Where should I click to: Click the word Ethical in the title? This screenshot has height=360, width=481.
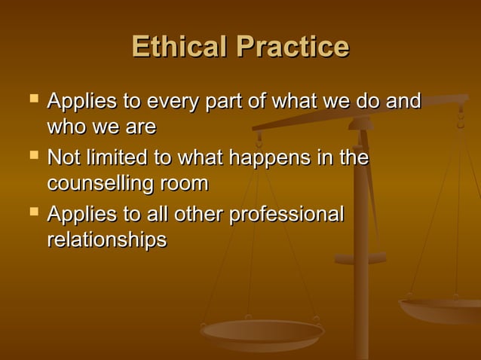coord(180,47)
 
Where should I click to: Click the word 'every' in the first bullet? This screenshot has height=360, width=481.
coord(175,102)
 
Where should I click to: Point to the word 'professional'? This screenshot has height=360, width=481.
coord(287,215)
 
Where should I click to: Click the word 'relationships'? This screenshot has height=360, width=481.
coord(106,240)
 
